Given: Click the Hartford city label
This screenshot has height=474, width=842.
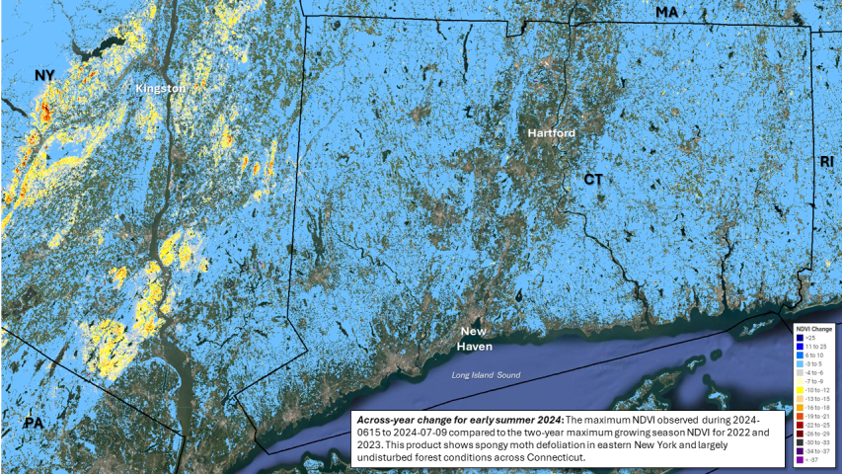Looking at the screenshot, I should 551,132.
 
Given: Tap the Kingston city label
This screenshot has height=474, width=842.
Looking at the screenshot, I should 160,88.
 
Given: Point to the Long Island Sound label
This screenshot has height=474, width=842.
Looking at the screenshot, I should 487,375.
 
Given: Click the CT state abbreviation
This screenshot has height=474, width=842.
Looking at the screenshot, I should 592,180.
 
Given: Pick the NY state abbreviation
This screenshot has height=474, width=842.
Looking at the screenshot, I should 43,75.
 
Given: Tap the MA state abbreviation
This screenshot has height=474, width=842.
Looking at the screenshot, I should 667,12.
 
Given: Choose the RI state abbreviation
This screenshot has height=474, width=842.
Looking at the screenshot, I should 826,161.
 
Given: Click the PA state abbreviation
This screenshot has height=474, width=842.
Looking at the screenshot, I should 34,423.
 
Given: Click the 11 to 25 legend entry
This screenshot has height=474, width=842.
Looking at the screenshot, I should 815,346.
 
